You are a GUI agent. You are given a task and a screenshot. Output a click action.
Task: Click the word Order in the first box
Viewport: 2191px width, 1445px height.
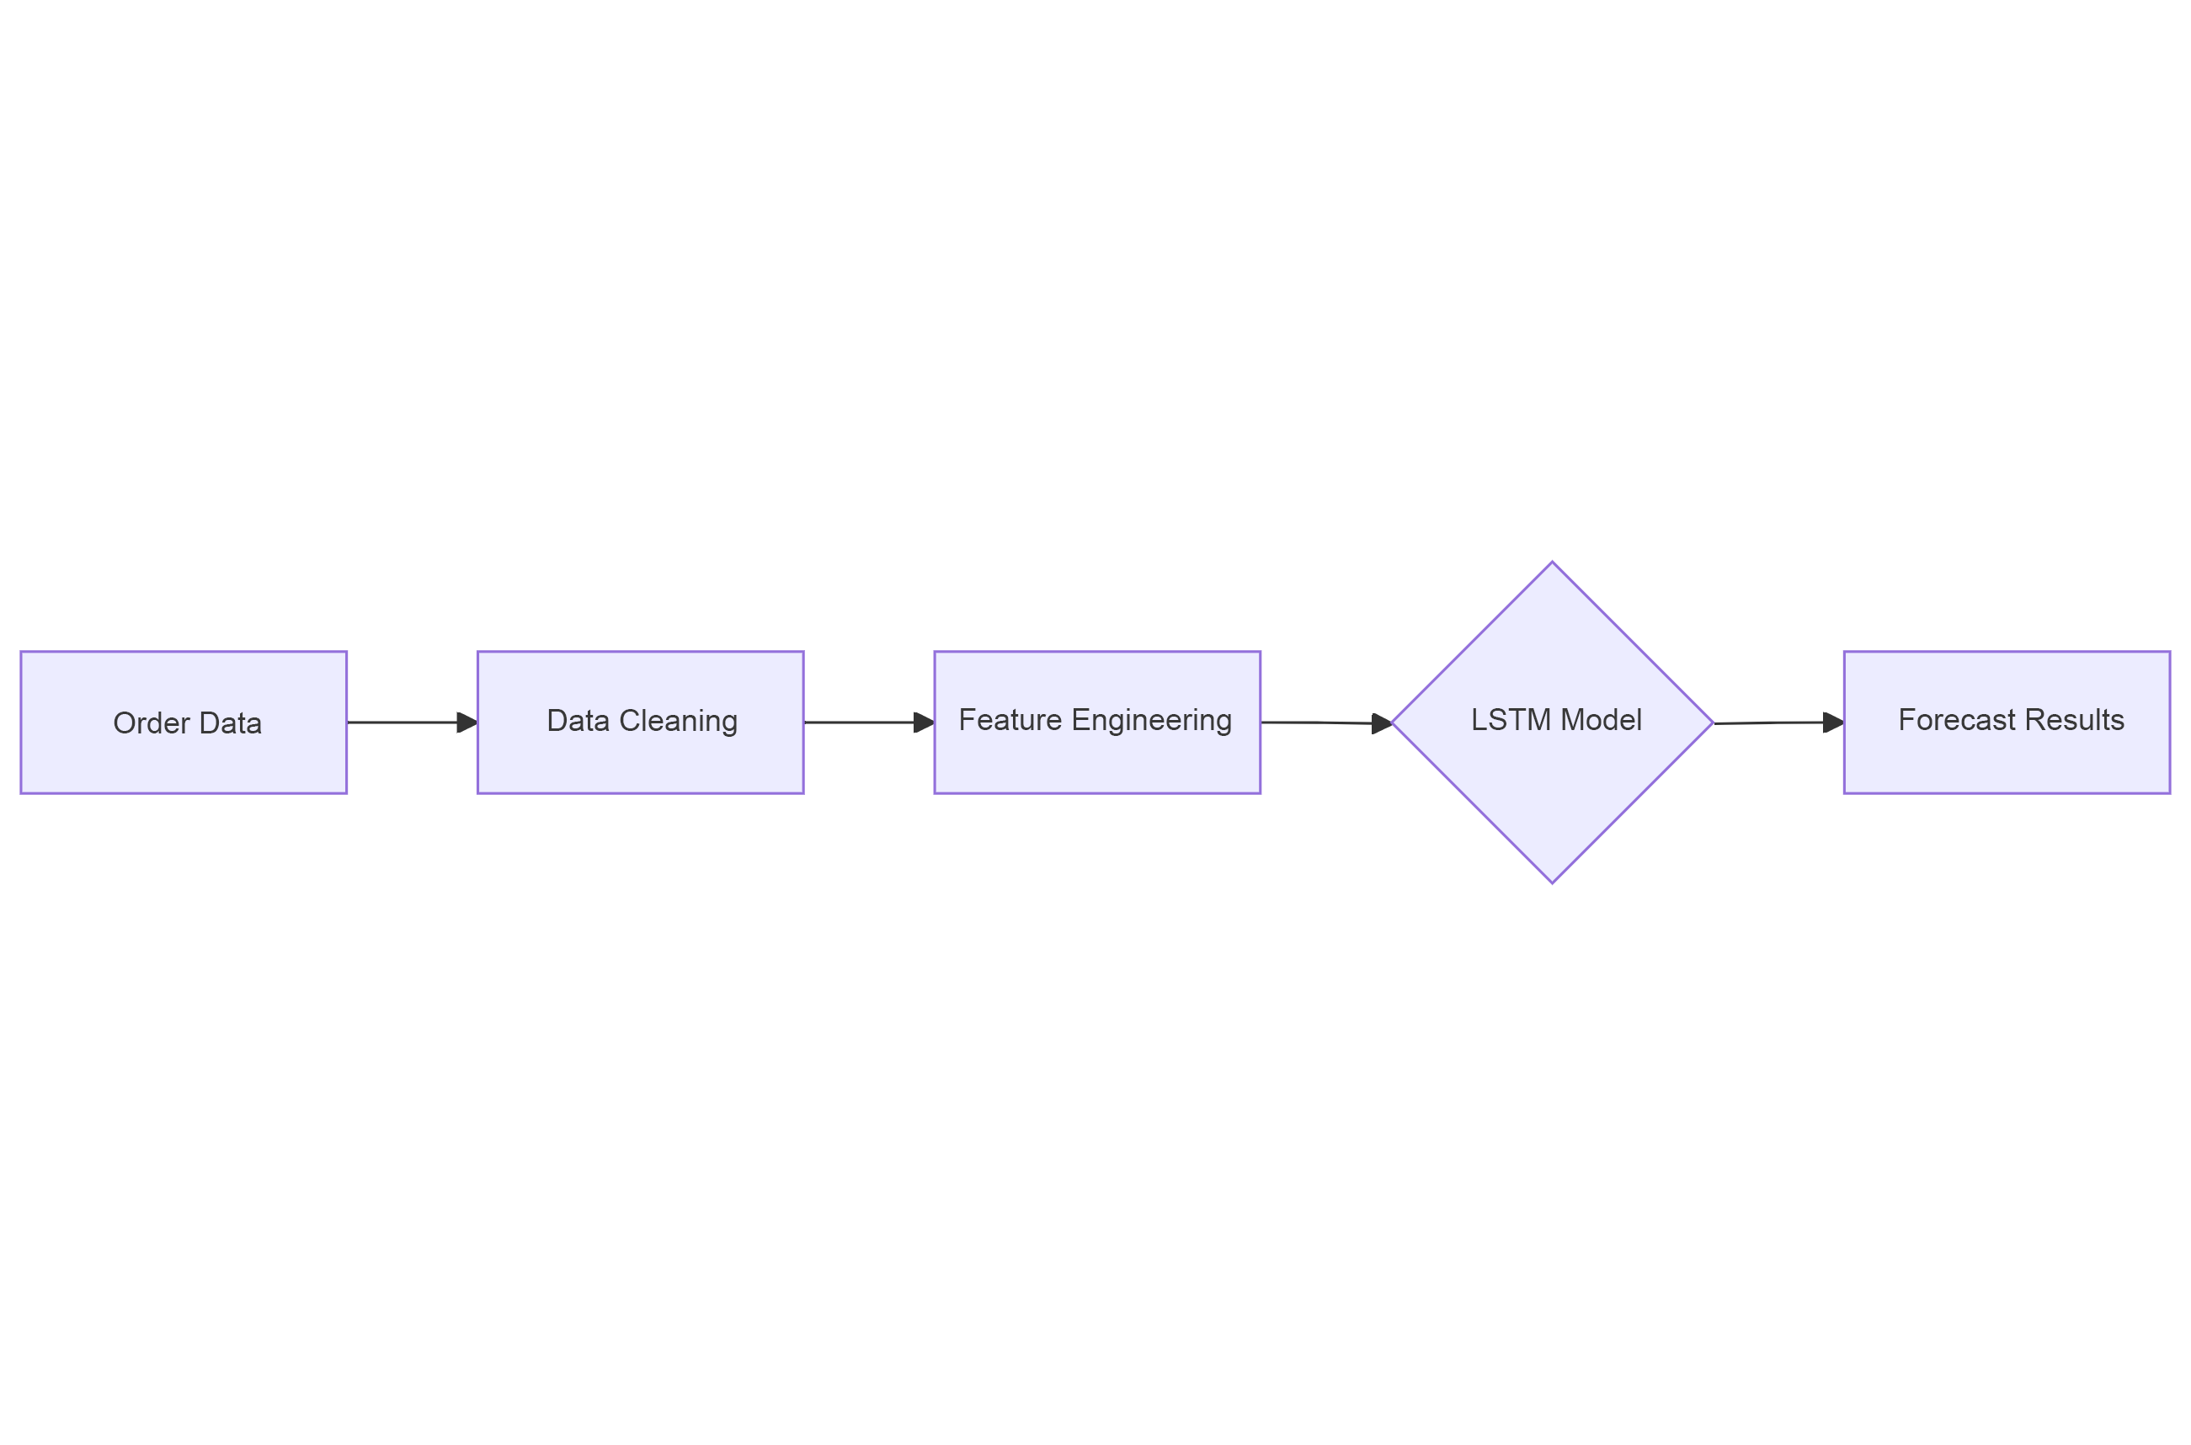[151, 723]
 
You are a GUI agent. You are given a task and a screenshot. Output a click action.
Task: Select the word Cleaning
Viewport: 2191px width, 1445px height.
[678, 721]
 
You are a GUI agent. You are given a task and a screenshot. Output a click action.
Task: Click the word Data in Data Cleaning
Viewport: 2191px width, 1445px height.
[578, 721]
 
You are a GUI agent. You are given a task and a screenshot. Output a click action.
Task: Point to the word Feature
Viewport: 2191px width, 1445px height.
[1010, 720]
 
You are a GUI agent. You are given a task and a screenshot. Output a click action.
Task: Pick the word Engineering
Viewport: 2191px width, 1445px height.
[1152, 720]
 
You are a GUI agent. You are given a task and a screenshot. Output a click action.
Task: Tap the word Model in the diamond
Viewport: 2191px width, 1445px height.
[1602, 720]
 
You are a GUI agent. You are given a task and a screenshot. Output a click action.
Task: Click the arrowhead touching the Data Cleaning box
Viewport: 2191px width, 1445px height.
[467, 722]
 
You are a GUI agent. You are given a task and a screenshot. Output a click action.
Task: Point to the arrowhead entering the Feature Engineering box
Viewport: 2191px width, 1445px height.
[924, 722]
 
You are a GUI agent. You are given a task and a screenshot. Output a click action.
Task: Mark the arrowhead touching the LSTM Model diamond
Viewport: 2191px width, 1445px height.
[1381, 723]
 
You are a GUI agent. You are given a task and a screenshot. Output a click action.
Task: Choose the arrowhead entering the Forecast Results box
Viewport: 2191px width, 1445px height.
[1833, 722]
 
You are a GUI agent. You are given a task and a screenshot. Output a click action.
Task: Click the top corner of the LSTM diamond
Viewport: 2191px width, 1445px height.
[1553, 563]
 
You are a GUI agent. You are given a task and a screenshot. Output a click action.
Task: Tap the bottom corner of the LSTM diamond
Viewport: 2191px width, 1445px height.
[1553, 882]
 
